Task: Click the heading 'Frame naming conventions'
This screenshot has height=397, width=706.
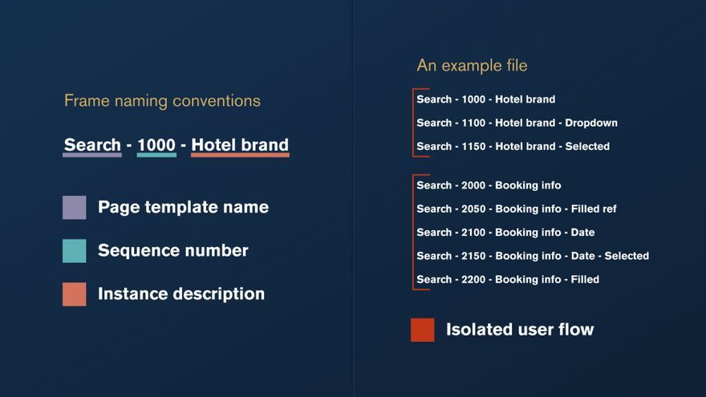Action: click(x=162, y=101)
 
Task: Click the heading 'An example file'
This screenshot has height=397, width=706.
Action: click(x=472, y=66)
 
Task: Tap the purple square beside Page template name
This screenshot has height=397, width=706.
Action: click(x=75, y=208)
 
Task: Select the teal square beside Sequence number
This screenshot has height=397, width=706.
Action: click(x=75, y=251)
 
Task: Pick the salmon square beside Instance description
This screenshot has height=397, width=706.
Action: click(x=75, y=294)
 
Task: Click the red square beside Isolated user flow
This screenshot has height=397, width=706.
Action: click(x=422, y=330)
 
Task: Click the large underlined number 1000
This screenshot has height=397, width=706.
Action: click(x=156, y=145)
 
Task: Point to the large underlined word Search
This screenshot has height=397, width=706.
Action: click(x=92, y=145)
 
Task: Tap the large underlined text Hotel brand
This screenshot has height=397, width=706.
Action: click(x=240, y=145)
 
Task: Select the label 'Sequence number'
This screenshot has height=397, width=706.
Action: click(x=173, y=251)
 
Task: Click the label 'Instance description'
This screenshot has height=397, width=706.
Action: click(x=181, y=294)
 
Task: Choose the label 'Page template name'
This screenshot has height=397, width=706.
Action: click(x=183, y=208)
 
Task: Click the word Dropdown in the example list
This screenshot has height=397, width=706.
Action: click(x=591, y=123)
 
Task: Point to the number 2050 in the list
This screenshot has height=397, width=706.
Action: click(x=473, y=209)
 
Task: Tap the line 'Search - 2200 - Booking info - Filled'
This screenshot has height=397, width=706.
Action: click(x=508, y=280)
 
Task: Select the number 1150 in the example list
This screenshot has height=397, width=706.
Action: click(x=473, y=146)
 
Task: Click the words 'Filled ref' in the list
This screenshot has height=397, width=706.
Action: click(x=594, y=209)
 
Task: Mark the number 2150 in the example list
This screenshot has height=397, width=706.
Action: click(x=473, y=256)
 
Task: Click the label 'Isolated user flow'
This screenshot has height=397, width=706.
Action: click(x=520, y=330)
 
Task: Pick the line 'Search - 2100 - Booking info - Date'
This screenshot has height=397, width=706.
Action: click(x=505, y=233)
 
